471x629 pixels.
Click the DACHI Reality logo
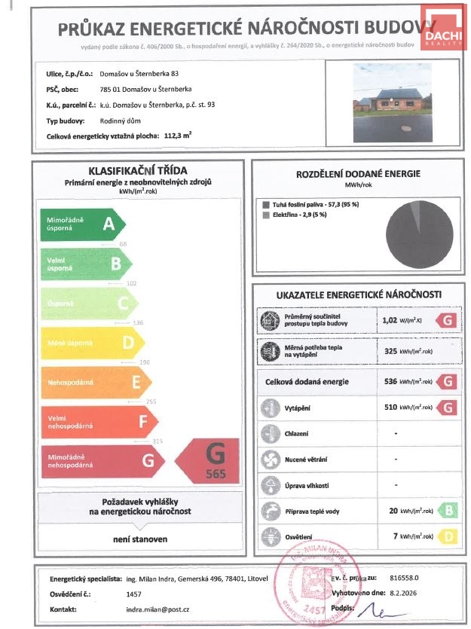[444, 30]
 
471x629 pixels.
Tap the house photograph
[393, 102]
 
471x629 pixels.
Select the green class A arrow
[81, 224]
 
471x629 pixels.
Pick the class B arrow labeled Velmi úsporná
[85, 264]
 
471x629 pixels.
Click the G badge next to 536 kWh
[448, 382]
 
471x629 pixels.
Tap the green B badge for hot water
[448, 511]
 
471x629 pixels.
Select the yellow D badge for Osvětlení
[448, 536]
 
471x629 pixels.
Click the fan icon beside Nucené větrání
[269, 460]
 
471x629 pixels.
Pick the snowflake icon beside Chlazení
[269, 434]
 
